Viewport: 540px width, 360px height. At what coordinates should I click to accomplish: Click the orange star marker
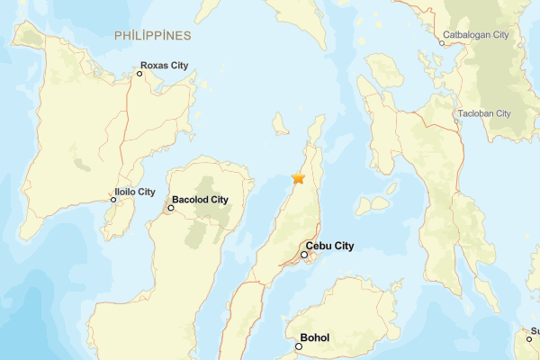click(298, 178)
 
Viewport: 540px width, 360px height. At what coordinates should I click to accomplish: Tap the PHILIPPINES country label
click(153, 35)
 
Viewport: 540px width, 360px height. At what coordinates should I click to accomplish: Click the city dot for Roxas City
click(140, 74)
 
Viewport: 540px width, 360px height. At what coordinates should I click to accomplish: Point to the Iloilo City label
click(135, 192)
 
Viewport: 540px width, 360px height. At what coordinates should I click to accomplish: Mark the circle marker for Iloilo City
click(113, 200)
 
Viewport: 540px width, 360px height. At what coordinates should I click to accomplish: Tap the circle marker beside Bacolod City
click(171, 208)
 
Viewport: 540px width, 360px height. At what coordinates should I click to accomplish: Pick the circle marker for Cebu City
click(304, 255)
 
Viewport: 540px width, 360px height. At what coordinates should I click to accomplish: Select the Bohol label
click(315, 337)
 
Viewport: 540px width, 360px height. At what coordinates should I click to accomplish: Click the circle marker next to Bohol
click(299, 346)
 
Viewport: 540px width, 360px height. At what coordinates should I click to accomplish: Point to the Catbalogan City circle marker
click(442, 43)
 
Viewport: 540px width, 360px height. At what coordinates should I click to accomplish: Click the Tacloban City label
click(484, 113)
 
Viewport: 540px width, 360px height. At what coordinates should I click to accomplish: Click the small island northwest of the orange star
click(280, 123)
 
